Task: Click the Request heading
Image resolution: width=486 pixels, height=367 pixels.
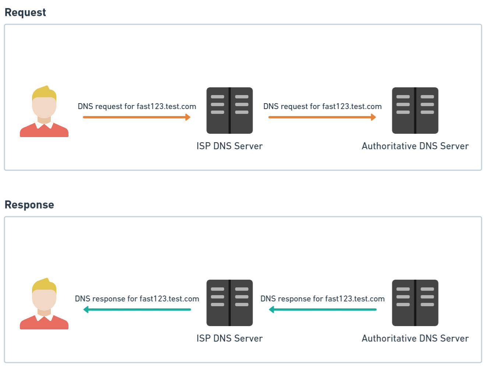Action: click(25, 12)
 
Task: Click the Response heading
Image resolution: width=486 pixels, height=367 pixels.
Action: click(29, 205)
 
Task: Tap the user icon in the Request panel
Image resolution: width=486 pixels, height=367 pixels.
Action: click(44, 112)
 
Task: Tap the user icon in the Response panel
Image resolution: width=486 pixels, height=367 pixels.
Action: click(44, 305)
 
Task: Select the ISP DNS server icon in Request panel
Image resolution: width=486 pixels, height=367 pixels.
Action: click(229, 111)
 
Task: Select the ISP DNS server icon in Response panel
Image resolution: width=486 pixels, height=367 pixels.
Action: click(229, 303)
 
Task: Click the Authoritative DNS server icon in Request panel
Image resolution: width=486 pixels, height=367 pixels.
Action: click(415, 111)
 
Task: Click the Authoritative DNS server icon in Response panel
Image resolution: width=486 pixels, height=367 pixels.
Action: click(415, 303)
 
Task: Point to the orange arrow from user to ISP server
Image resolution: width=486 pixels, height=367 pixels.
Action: click(137, 117)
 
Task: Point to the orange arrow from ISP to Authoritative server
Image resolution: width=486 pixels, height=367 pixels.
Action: click(322, 117)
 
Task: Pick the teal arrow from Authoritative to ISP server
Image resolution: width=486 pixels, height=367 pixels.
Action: click(323, 310)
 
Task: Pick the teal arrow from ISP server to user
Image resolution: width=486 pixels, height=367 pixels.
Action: click(137, 310)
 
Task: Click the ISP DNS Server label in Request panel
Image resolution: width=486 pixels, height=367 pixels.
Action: click(229, 146)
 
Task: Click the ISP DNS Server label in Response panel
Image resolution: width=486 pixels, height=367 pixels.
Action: click(229, 338)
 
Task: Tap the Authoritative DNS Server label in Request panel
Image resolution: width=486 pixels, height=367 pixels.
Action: click(415, 146)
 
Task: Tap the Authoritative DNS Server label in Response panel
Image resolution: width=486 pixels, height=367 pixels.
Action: click(415, 338)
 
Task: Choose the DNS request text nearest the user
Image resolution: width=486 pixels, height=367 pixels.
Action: click(137, 106)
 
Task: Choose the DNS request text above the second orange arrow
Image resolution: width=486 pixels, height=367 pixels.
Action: click(323, 106)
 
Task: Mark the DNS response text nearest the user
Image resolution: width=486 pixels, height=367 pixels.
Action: click(137, 299)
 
